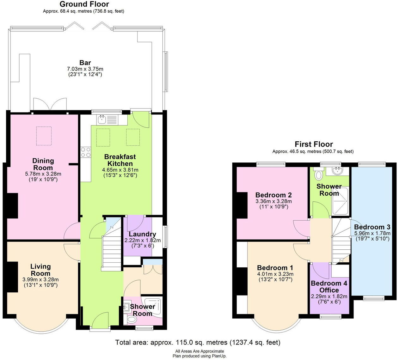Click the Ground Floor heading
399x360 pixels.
[x=84, y=4]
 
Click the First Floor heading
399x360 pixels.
[x=314, y=144]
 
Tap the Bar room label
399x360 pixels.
[x=85, y=63]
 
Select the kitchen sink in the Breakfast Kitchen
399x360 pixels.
[x=102, y=119]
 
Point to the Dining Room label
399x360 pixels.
[x=43, y=164]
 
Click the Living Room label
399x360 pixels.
[x=40, y=270]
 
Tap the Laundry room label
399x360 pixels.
[x=142, y=234]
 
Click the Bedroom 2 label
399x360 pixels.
[x=273, y=195]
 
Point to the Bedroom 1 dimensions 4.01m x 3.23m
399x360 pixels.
[x=275, y=274]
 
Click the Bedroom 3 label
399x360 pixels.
[x=372, y=227]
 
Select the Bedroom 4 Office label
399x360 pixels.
[x=329, y=287]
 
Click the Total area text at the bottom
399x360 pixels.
[x=198, y=342]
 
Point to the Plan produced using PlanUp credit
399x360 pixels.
[x=199, y=356]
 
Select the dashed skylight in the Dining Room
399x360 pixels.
[x=44, y=136]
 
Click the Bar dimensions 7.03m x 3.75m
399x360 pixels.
[x=85, y=69]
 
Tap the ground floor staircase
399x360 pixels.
[x=112, y=253]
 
